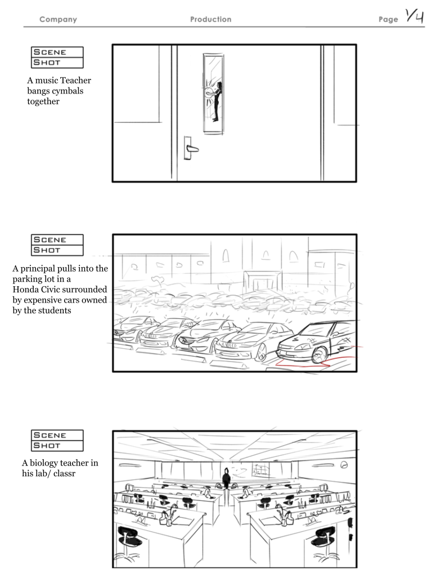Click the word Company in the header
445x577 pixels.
[x=58, y=20]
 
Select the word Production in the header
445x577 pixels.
[x=210, y=20]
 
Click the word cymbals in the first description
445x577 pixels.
[x=70, y=91]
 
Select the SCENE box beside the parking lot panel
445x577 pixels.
[x=57, y=240]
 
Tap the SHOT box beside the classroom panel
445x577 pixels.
[x=57, y=446]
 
